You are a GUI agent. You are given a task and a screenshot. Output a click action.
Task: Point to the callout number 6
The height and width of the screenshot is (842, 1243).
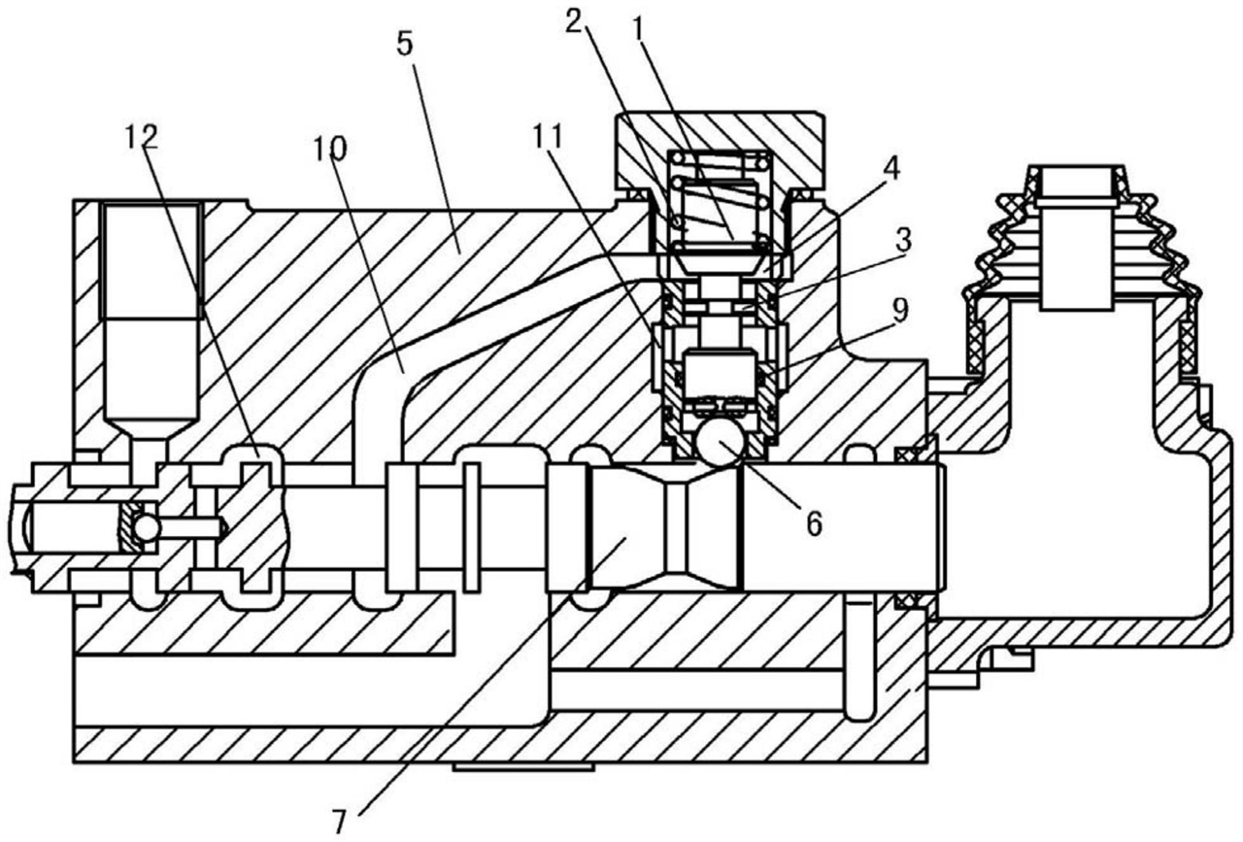(814, 522)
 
